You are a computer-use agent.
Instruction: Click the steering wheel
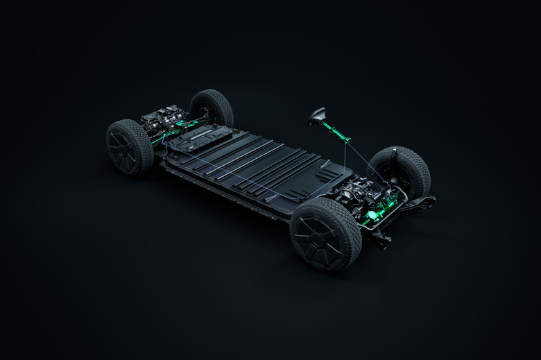317,114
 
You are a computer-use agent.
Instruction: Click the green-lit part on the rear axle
182,127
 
